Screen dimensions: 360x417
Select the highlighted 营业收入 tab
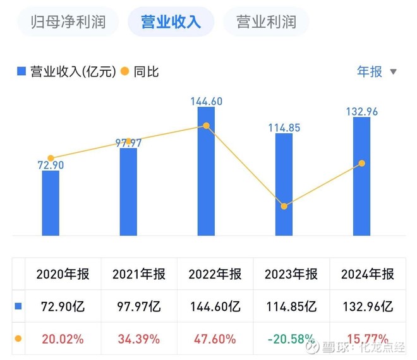coord(171,22)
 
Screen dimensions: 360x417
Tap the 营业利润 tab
coord(266,22)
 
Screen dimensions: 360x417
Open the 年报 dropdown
coord(377,71)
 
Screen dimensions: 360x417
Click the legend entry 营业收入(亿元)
coord(66,71)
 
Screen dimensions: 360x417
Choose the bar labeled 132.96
coord(361,177)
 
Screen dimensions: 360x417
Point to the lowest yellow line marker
coord(284,207)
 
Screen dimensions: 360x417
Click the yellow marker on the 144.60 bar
coord(206,126)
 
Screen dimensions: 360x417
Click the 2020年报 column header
coord(63,274)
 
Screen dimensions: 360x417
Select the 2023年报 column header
coord(291,274)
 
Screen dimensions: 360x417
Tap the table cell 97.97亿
coord(138,307)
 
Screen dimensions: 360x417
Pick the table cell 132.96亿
coord(367,307)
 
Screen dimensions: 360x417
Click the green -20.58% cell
coord(291,339)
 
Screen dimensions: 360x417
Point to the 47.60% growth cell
coord(215,339)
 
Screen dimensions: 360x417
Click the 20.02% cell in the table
coord(63,339)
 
